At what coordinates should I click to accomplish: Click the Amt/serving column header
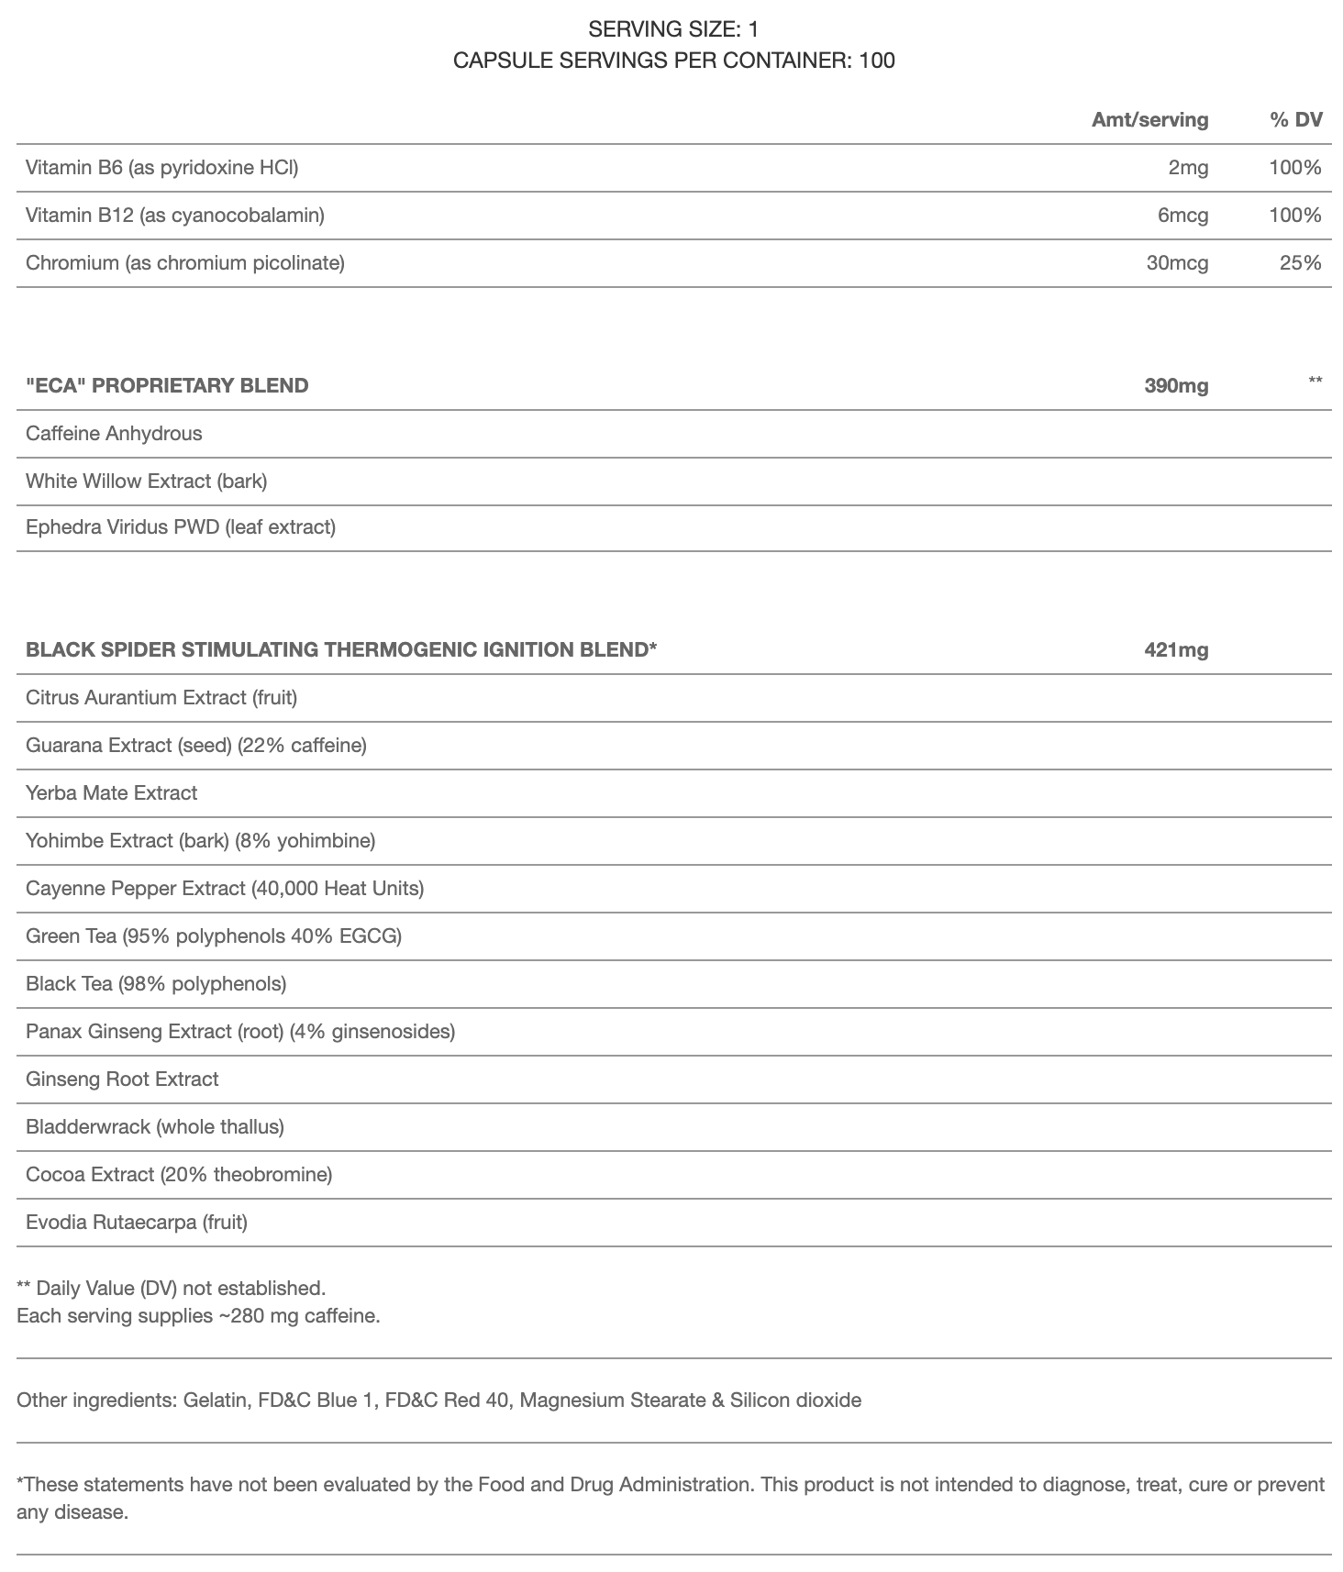coord(1149,119)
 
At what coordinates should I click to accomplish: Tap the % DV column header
coord(1296,119)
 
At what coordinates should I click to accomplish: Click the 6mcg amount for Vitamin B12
coord(1182,215)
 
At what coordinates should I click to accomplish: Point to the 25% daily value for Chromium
coord(1300,262)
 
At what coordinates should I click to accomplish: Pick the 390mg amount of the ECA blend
coord(1176,385)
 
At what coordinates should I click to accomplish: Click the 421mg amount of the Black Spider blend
coord(1176,649)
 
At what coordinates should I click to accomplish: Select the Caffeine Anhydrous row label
coord(114,433)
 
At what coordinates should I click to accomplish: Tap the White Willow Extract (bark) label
coord(146,481)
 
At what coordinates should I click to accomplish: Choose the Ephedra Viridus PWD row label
coord(181,526)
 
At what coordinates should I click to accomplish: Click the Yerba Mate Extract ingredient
coord(111,792)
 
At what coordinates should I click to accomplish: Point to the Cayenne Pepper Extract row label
coord(225,888)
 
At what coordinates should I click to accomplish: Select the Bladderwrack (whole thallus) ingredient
coord(155,1126)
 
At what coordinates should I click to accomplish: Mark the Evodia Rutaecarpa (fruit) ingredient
coord(137,1222)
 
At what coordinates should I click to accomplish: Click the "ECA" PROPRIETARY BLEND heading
coord(167,385)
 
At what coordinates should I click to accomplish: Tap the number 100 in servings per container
coord(877,61)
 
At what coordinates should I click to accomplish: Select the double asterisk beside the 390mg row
coord(1315,380)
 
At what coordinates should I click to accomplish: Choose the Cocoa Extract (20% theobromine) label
coord(179,1174)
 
